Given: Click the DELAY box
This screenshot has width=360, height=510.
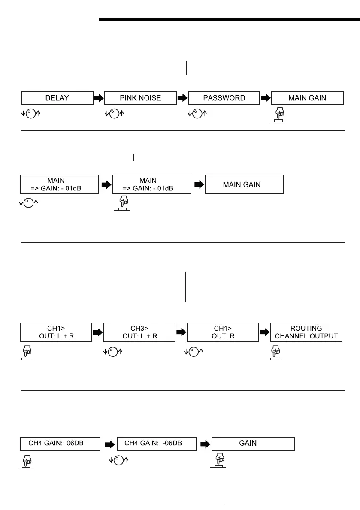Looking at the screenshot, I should (57, 98).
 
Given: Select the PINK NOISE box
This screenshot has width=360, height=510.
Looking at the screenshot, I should (140, 98).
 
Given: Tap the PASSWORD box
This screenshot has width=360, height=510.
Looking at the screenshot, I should (224, 98).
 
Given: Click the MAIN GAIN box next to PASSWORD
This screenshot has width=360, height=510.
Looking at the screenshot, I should (307, 98).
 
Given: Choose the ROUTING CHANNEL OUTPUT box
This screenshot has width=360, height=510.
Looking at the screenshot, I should (306, 332).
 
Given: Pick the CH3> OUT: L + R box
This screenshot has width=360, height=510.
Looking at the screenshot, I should (139, 332).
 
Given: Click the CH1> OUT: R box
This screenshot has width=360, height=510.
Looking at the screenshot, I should (223, 332).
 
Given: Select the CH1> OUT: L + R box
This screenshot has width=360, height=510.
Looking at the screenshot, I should (56, 332).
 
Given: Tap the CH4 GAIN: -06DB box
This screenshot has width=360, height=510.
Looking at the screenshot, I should (157, 444).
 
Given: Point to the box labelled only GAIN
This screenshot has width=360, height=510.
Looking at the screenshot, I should (254, 444).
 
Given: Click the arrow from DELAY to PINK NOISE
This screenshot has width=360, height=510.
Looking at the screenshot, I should (99, 98).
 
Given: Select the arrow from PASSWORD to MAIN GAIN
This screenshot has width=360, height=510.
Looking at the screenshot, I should (266, 98).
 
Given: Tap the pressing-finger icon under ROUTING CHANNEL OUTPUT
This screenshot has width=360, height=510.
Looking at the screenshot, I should (274, 353).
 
